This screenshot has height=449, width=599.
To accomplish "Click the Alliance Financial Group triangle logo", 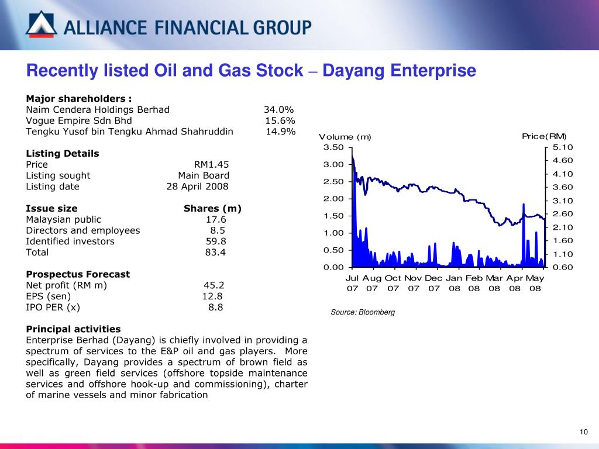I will click(x=42, y=25).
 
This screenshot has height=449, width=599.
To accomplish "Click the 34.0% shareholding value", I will click(x=278, y=109).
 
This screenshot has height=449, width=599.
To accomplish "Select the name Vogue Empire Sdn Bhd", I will click(x=79, y=120).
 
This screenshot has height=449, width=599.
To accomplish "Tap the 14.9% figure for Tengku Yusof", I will click(x=281, y=132).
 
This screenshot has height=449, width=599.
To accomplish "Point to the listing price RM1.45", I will click(x=211, y=164).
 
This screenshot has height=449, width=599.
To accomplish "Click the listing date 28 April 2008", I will click(x=197, y=186).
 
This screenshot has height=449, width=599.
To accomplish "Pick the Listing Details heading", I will click(x=63, y=153).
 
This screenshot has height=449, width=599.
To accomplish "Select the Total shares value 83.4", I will click(x=215, y=253).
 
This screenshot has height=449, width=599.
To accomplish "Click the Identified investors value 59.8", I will click(x=216, y=241).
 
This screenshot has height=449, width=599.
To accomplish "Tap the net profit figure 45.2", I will click(x=214, y=285).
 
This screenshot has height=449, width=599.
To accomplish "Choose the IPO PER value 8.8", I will click(x=215, y=307).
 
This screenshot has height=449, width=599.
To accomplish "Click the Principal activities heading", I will click(x=73, y=329).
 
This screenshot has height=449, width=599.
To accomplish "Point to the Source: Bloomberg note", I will click(x=363, y=312).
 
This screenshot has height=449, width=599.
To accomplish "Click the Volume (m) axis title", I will click(x=345, y=137).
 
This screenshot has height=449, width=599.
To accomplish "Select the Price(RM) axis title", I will click(x=544, y=136).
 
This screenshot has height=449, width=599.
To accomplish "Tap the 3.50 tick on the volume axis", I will click(x=334, y=147).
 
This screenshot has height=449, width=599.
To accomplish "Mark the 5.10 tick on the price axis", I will click(x=563, y=147).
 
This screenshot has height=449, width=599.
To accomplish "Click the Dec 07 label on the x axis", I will click(x=433, y=283).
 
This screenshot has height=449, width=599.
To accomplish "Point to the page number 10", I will click(x=583, y=432).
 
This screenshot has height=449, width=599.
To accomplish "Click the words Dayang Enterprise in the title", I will click(x=400, y=71).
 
